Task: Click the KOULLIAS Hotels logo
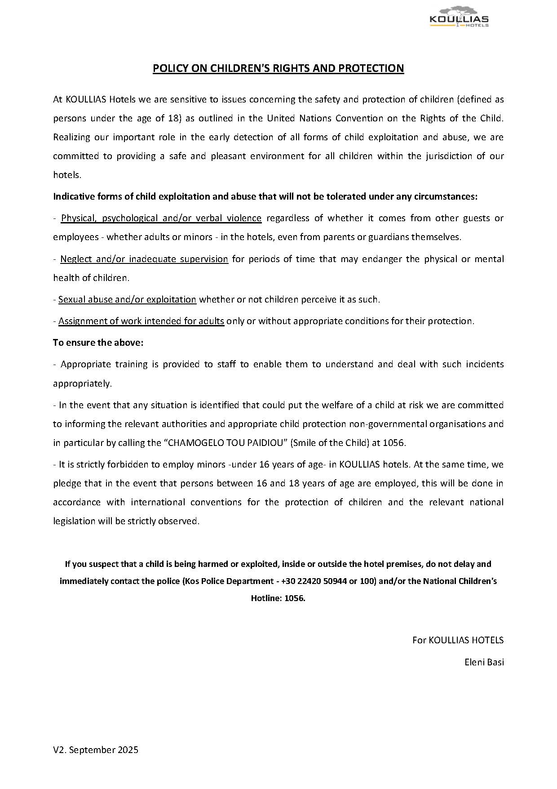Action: pyautogui.click(x=459, y=18)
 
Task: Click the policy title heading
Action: pyautogui.click(x=278, y=68)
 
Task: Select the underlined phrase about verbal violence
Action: pyautogui.click(x=161, y=218)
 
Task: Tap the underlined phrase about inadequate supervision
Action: pyautogui.click(x=144, y=259)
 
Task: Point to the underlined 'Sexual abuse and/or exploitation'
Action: pyautogui.click(x=127, y=299)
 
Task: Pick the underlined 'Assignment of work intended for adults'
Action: pyautogui.click(x=141, y=321)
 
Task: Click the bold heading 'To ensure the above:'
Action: pyautogui.click(x=98, y=343)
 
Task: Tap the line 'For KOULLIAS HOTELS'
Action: pyautogui.click(x=458, y=640)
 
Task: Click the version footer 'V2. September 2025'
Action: pyautogui.click(x=96, y=750)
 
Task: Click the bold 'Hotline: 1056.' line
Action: pyautogui.click(x=278, y=598)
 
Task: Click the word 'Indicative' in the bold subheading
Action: pyautogui.click(x=73, y=196)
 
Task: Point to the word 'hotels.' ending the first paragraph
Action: pyautogui.click(x=67, y=175)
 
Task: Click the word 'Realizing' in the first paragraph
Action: pyautogui.click(x=71, y=137)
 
